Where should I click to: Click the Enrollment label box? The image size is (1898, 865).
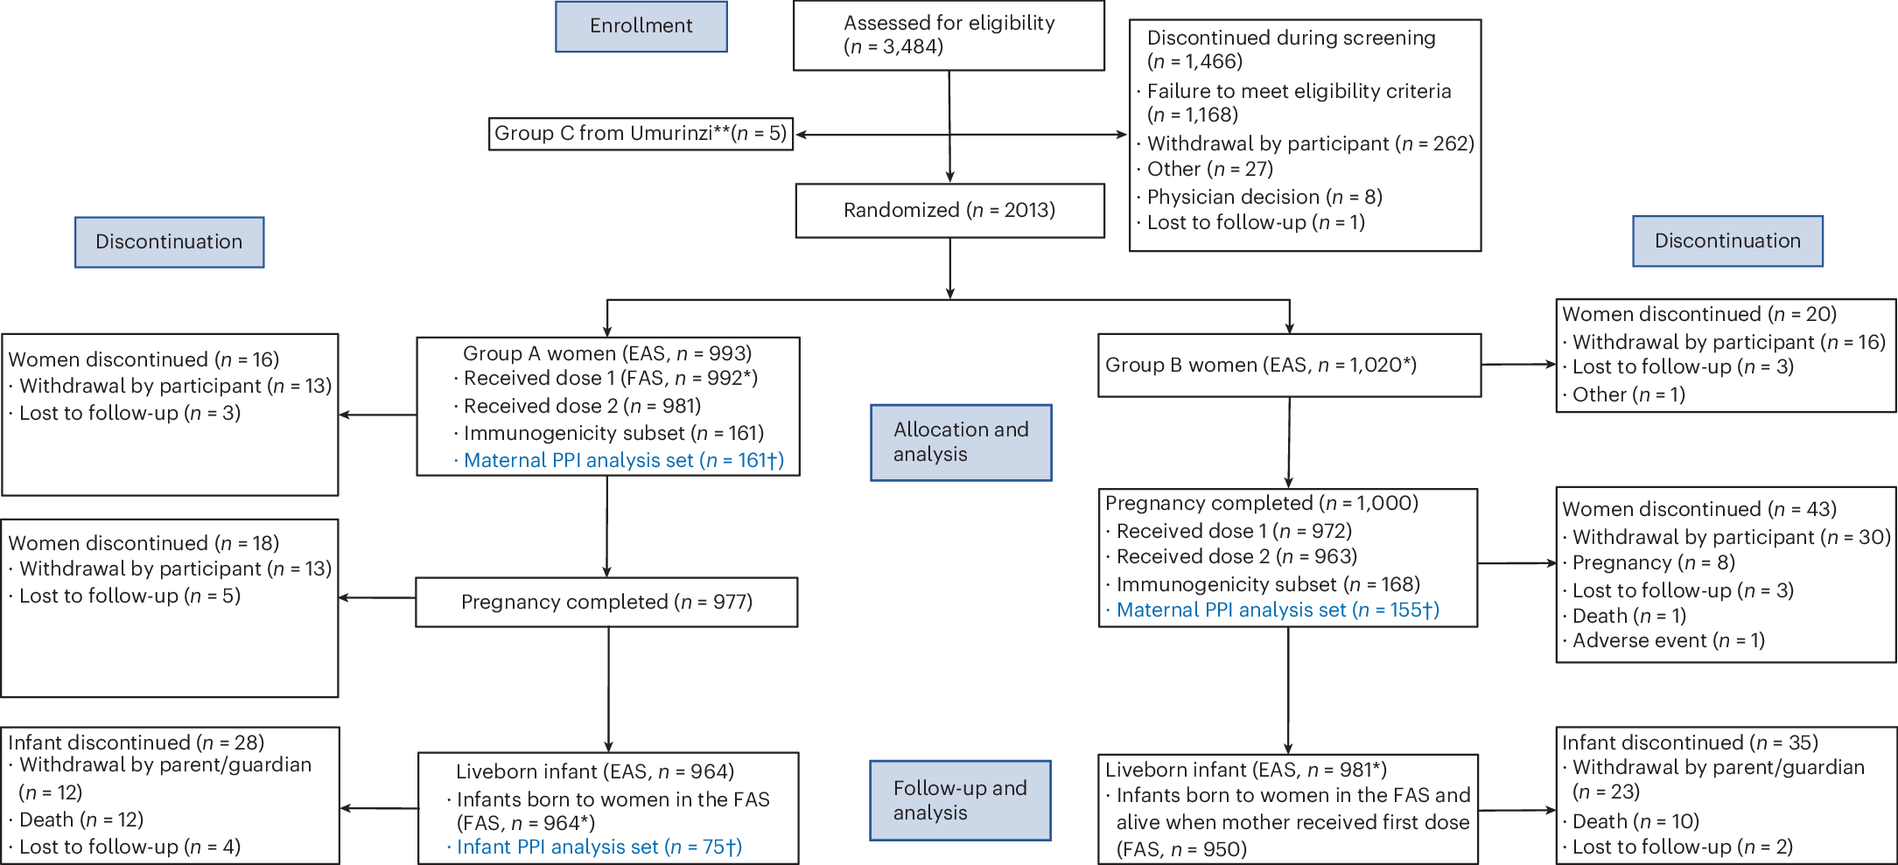click(641, 26)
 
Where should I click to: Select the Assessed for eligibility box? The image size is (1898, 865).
click(949, 35)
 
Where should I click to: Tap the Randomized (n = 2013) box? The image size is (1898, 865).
click(949, 210)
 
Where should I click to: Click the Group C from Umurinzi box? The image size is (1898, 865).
click(641, 134)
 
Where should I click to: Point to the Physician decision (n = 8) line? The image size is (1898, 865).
click(1264, 197)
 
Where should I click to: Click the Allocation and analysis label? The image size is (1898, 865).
click(961, 443)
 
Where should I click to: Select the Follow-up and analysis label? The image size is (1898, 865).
click(960, 800)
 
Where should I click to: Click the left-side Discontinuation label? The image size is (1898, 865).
click(169, 242)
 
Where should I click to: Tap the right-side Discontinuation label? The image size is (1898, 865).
click(1727, 241)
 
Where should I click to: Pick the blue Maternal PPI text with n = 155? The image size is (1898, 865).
click(1277, 610)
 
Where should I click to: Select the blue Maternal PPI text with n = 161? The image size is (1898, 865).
click(623, 461)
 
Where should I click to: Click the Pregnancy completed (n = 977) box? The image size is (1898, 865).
click(606, 602)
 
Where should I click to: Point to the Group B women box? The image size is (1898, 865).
click(1289, 366)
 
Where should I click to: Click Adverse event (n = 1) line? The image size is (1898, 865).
click(1668, 641)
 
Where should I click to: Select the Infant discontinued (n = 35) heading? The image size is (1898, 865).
click(1689, 743)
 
